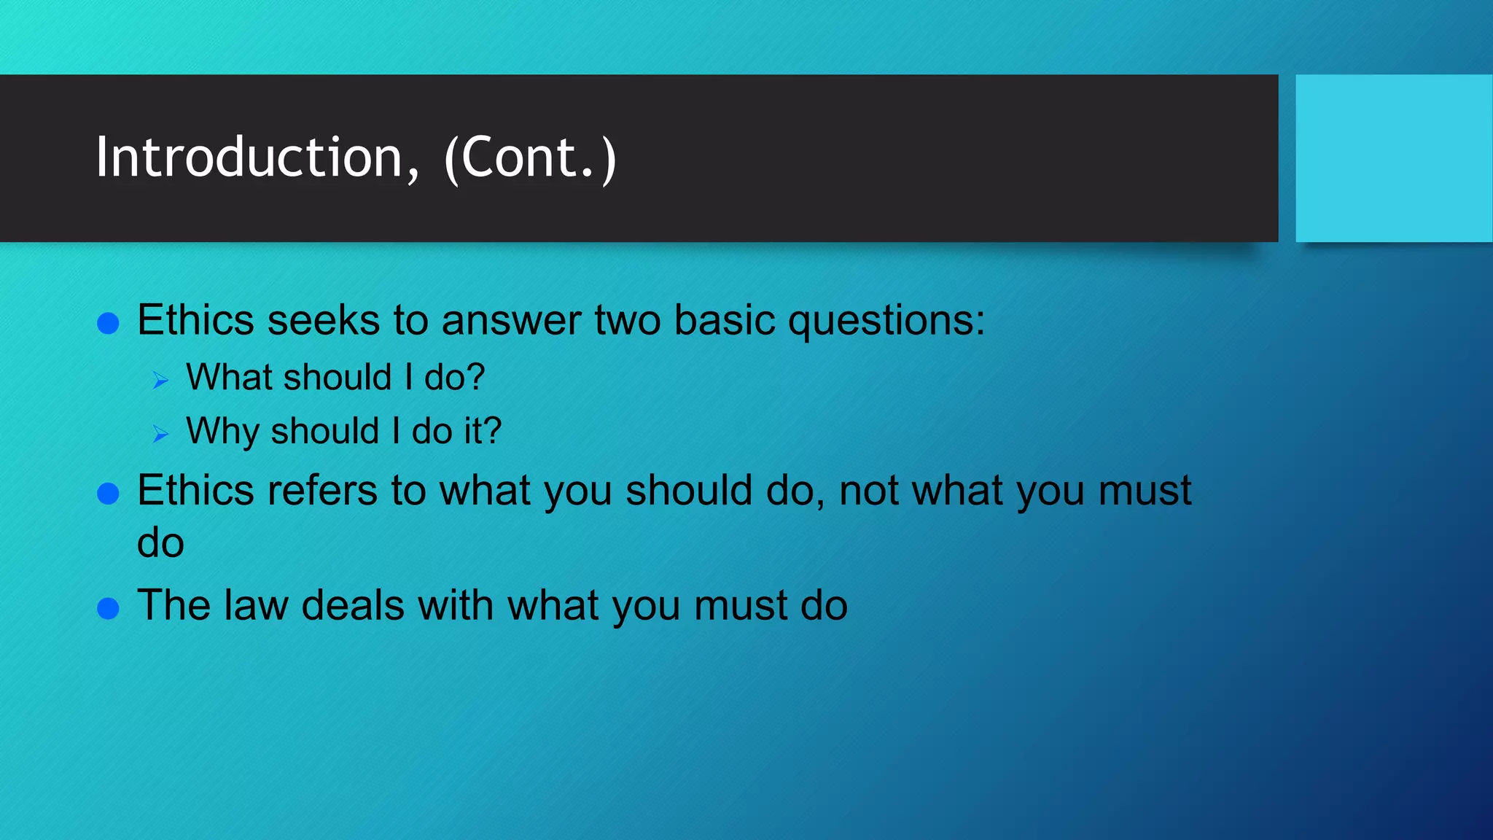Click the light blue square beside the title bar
(1393, 157)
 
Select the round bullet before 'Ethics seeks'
(108, 323)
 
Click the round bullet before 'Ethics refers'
(108, 494)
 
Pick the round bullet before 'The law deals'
(108, 608)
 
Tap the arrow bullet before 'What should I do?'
(160, 380)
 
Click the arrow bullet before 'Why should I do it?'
(160, 435)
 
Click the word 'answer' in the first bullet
(510, 321)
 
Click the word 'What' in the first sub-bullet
(228, 377)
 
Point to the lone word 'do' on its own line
(160, 543)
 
